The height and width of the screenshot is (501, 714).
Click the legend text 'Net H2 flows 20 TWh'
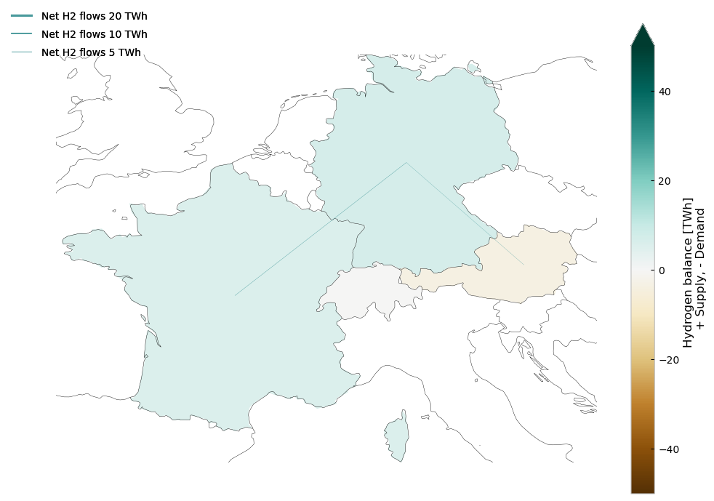tap(95, 16)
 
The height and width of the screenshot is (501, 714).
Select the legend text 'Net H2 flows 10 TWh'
tap(95, 34)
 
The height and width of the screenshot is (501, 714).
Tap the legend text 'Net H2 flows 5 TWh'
tap(91, 52)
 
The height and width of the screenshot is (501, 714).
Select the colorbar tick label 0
tap(662, 270)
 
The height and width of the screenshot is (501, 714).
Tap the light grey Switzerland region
tap(364, 294)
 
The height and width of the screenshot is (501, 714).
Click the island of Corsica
tap(397, 436)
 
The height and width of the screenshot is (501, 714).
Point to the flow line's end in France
tap(235, 295)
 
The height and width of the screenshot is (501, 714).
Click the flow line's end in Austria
tap(524, 265)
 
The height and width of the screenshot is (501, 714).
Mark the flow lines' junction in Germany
tap(406, 162)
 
